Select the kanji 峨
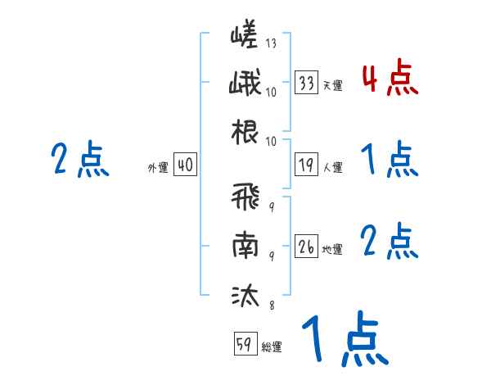[x=245, y=85]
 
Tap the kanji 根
[x=245, y=134]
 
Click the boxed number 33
[x=307, y=83]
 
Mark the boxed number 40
[x=185, y=165]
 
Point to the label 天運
[x=332, y=85]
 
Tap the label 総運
[x=272, y=346]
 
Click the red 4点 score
[x=390, y=79]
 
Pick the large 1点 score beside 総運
[x=343, y=341]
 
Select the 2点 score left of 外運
[x=79, y=161]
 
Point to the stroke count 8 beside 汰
[x=271, y=306]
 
